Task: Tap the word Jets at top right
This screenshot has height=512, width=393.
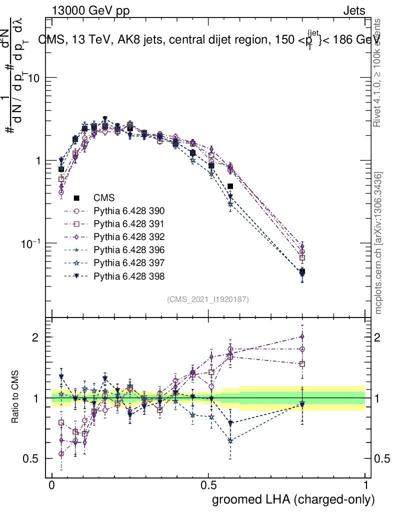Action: [353, 10]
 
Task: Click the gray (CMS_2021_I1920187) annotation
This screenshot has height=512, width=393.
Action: [208, 299]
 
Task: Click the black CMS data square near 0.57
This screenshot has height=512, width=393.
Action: [230, 186]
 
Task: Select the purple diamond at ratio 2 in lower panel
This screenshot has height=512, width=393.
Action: [302, 336]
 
